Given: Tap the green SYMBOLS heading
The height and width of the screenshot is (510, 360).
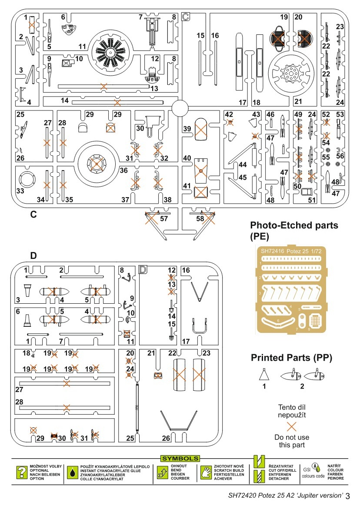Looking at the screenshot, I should coord(180,458).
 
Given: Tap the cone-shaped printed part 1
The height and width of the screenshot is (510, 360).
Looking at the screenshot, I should coord(263,374).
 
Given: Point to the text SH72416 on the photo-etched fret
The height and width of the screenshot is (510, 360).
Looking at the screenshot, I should coord(270,251).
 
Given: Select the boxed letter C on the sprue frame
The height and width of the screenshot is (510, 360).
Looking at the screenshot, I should coord(186,17).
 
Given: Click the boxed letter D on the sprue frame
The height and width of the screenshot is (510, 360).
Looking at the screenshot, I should coord(143,268).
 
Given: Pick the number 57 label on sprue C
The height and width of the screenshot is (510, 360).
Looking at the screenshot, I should coord(164,218).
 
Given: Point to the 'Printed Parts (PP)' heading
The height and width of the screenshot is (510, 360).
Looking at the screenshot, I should coord(291,358).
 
